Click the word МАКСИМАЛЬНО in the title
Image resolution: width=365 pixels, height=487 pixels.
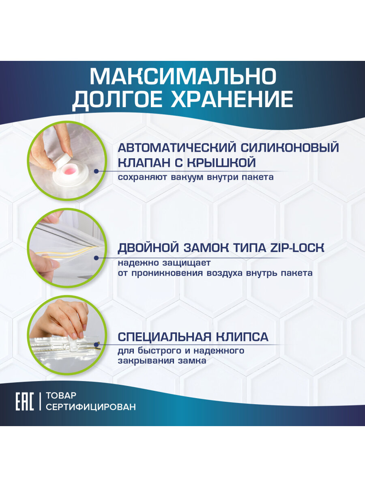coord(182,76)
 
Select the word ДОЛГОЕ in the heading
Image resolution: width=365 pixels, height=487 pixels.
coord(118,99)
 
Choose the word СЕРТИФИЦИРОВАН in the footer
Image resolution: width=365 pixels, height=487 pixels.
coord(91,407)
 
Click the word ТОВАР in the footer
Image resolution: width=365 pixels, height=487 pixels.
coord(61,395)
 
